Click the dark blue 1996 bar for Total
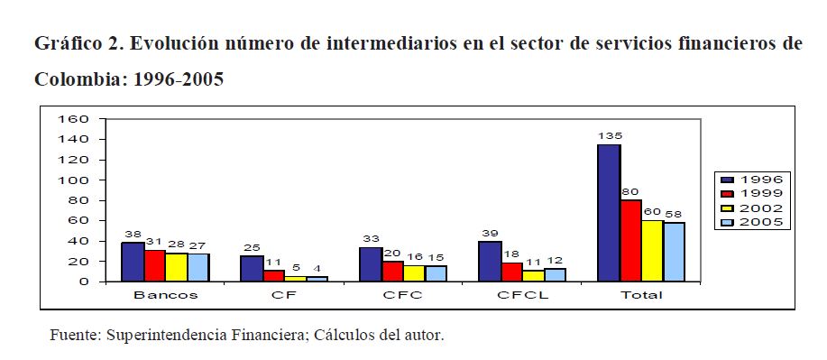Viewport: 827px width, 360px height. [x=609, y=213]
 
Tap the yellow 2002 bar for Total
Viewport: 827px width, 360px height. [x=652, y=251]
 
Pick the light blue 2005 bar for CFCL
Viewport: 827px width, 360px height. [x=555, y=275]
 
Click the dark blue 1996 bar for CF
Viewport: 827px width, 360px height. [x=252, y=269]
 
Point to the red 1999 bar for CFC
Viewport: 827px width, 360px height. [x=392, y=272]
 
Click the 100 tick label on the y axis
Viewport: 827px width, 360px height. [x=75, y=180]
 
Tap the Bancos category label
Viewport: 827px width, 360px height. [x=166, y=295]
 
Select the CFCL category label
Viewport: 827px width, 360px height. [x=523, y=295]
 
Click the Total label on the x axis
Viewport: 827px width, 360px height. [x=641, y=295]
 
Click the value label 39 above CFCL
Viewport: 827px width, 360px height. [x=491, y=234]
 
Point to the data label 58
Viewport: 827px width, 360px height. [x=674, y=215]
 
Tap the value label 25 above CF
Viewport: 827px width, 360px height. [x=253, y=247]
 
